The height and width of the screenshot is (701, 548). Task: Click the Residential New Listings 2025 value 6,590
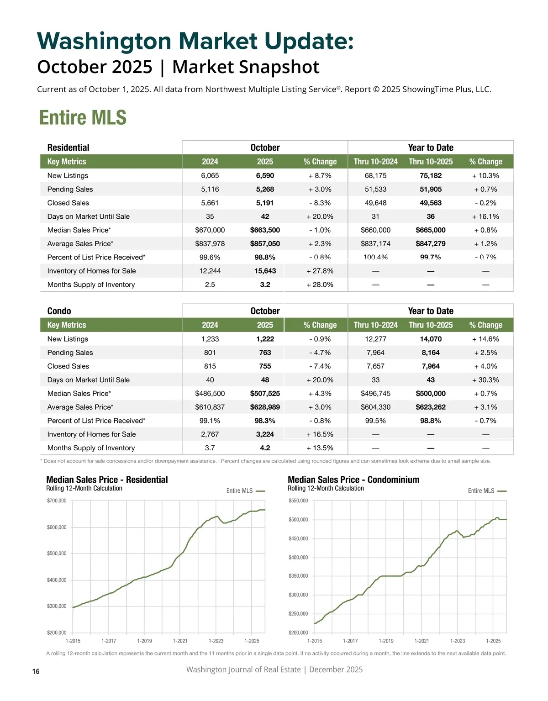click(x=265, y=175)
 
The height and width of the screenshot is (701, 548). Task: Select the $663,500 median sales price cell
click(x=265, y=230)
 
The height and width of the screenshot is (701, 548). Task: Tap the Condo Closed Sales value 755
click(x=265, y=366)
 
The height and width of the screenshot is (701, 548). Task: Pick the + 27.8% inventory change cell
click(x=320, y=271)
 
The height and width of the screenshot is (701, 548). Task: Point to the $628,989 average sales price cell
click(x=265, y=407)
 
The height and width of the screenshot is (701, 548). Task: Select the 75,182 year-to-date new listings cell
click(x=431, y=175)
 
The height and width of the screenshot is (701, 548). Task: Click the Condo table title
click(x=59, y=311)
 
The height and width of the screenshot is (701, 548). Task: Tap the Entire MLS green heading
click(x=83, y=117)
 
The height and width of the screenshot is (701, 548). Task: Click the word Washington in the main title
click(x=104, y=41)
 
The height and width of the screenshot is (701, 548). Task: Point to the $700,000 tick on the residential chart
click(x=57, y=501)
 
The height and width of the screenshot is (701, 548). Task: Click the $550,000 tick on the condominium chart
click(x=298, y=501)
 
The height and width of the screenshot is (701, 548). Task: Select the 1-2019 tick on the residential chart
click(x=144, y=641)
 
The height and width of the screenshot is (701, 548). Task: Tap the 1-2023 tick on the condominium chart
click(x=458, y=641)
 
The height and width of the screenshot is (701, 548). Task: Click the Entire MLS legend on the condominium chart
click(x=481, y=491)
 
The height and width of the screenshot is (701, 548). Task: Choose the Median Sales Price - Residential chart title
click(x=107, y=480)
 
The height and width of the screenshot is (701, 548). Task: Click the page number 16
click(x=36, y=671)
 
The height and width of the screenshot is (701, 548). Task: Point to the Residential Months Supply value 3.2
click(x=265, y=285)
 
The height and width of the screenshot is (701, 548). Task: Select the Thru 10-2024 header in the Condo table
click(x=375, y=325)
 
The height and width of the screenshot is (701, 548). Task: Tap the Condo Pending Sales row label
click(x=70, y=353)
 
